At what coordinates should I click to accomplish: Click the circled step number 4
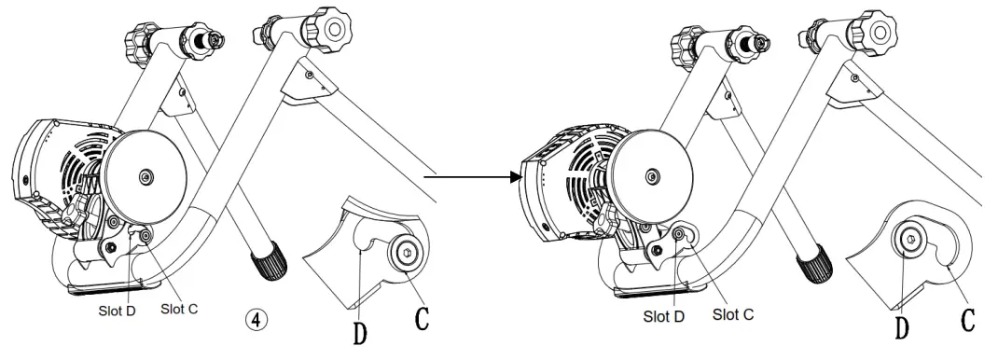point(264,317)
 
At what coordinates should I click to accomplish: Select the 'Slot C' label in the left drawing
point(177,307)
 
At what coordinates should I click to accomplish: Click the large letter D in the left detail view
point(359,330)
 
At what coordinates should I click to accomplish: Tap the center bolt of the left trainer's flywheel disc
point(146,175)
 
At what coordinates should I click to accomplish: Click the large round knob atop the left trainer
point(328,25)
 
